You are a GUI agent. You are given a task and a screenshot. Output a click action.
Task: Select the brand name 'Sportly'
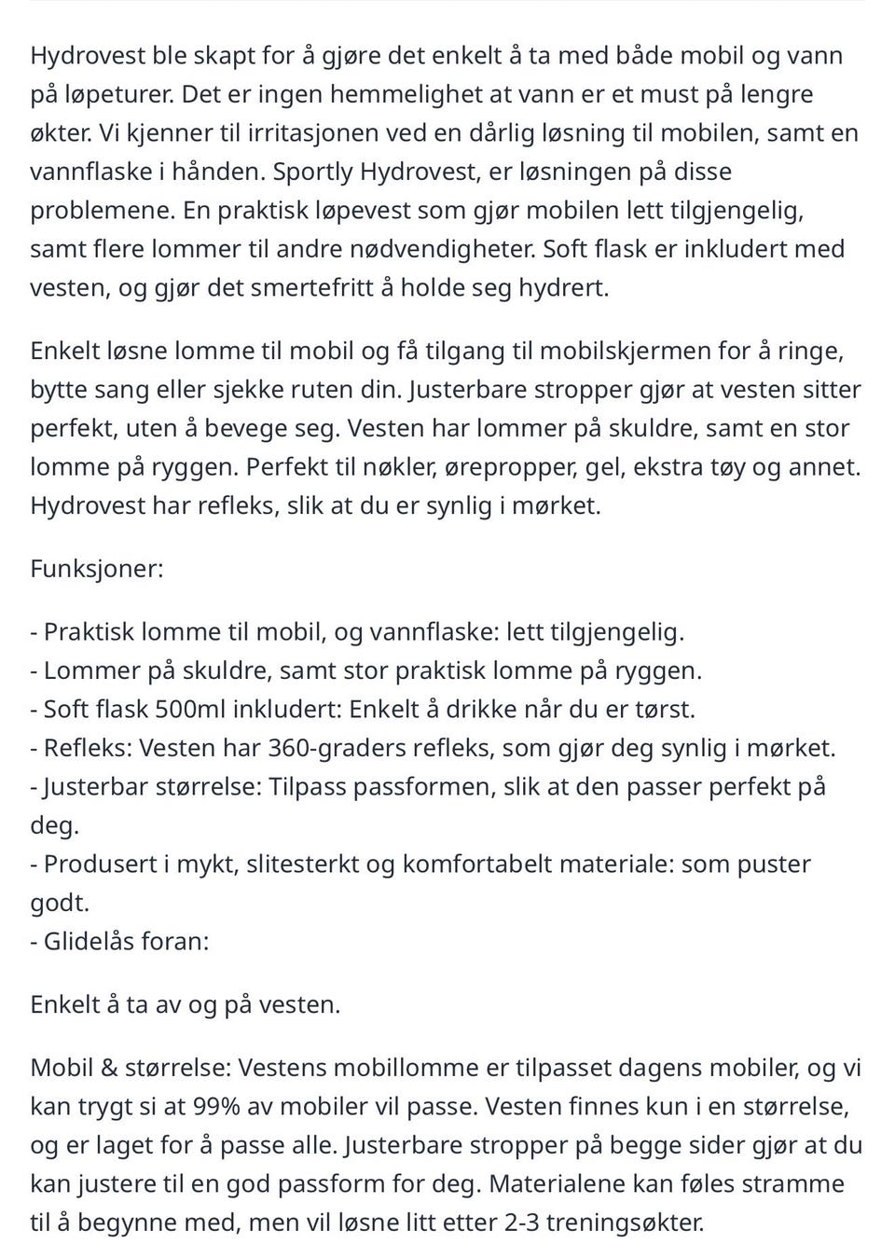[313, 172]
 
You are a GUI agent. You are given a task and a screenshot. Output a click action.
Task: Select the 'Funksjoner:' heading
[97, 569]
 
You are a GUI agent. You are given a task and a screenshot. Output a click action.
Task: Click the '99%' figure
[217, 1107]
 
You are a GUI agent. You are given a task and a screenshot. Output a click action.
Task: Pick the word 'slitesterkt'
[304, 864]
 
